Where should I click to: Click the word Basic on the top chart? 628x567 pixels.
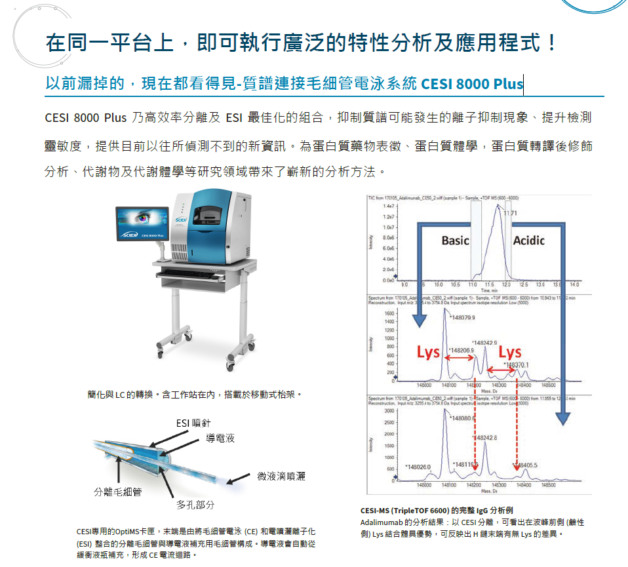(x=455, y=241)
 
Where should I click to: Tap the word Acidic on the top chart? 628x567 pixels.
(x=528, y=241)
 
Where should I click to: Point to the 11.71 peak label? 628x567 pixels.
(x=511, y=213)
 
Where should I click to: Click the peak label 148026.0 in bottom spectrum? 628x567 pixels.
(x=419, y=467)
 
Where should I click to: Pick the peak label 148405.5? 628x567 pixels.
(x=526, y=465)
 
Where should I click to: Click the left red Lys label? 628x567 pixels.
(x=428, y=353)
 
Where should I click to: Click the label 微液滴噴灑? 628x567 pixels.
(x=281, y=476)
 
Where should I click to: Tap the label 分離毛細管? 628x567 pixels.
(x=118, y=492)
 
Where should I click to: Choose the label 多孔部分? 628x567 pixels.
(x=195, y=505)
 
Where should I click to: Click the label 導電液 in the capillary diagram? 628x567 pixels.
(x=220, y=437)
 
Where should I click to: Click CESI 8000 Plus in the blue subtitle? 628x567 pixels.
(x=472, y=84)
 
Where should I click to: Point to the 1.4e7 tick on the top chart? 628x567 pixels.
(x=389, y=206)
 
